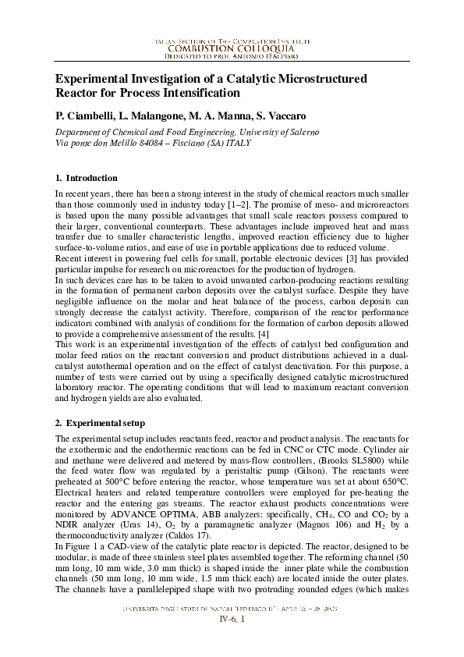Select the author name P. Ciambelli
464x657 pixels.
click(87, 115)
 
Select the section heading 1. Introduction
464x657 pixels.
click(87, 178)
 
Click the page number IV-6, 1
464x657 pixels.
click(232, 641)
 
